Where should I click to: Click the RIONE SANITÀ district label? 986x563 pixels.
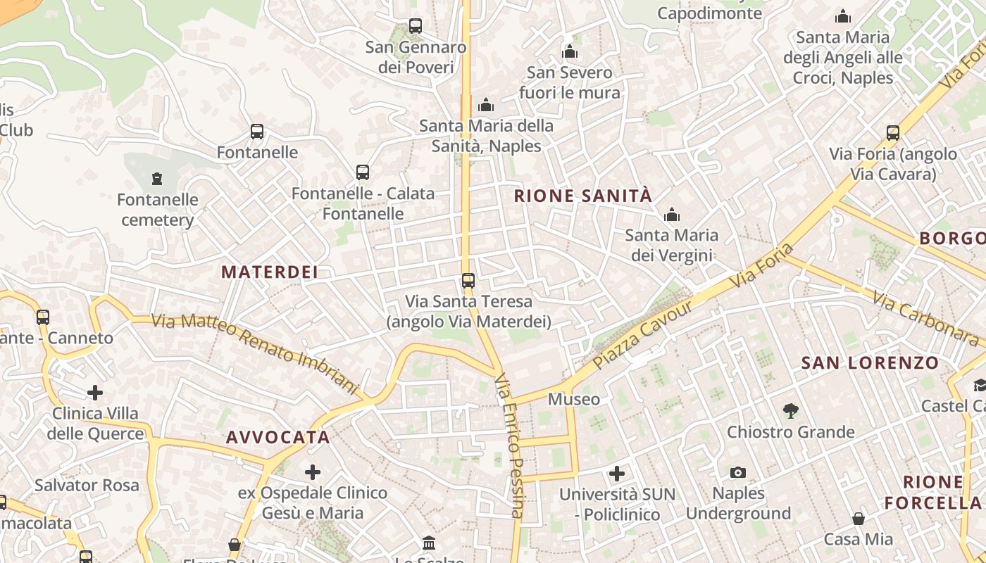click(x=583, y=196)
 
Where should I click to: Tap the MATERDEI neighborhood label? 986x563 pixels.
click(x=270, y=272)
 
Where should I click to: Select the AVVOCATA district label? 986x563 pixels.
click(x=278, y=437)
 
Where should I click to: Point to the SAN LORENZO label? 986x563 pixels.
click(x=870, y=363)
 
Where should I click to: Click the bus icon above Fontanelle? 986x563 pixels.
click(x=257, y=132)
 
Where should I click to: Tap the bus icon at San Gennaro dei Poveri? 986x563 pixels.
click(x=416, y=26)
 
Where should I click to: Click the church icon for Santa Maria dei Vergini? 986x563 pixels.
click(x=672, y=215)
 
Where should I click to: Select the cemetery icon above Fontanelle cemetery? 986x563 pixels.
click(x=157, y=179)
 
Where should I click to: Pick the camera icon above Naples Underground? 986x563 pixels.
click(x=738, y=472)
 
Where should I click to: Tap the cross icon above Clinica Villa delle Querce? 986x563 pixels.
click(x=95, y=392)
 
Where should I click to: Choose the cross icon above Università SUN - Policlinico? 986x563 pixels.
click(x=617, y=473)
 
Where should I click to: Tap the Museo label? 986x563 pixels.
click(x=574, y=400)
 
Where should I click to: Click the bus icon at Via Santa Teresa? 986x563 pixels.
click(x=468, y=281)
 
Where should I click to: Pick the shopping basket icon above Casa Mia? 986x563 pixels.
click(x=859, y=519)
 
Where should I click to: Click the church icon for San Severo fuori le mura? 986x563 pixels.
click(x=570, y=51)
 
